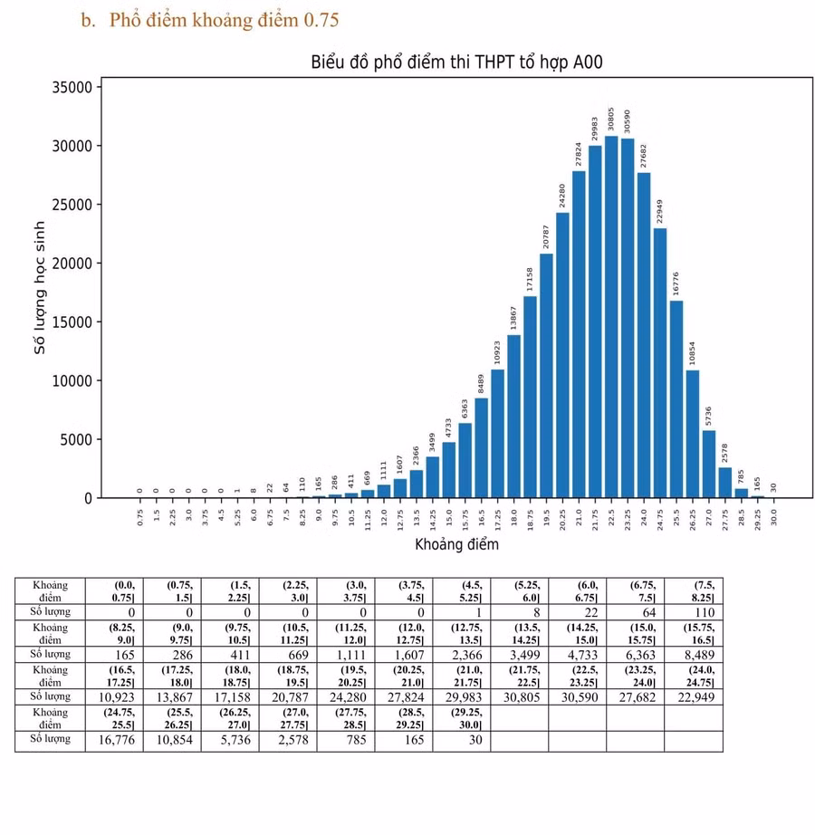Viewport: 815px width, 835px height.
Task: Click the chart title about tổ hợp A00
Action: [456, 62]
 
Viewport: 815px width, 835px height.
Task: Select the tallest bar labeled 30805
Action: [611, 317]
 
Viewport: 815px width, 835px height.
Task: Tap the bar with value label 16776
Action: [676, 399]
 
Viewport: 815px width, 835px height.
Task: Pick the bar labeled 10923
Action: [498, 434]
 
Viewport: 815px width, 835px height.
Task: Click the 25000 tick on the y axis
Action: [72, 205]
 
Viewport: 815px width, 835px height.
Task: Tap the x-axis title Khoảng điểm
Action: [456, 544]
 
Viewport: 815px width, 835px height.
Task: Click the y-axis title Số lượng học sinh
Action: [40, 288]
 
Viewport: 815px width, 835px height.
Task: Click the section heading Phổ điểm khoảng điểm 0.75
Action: [224, 20]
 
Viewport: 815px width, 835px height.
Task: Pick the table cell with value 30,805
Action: [520, 697]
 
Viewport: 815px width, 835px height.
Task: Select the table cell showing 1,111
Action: [346, 655]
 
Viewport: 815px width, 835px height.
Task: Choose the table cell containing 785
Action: [346, 740]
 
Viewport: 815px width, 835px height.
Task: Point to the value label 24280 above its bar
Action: [562, 196]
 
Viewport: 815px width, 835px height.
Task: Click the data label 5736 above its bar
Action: [708, 416]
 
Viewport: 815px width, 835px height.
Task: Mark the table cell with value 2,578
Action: [288, 740]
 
